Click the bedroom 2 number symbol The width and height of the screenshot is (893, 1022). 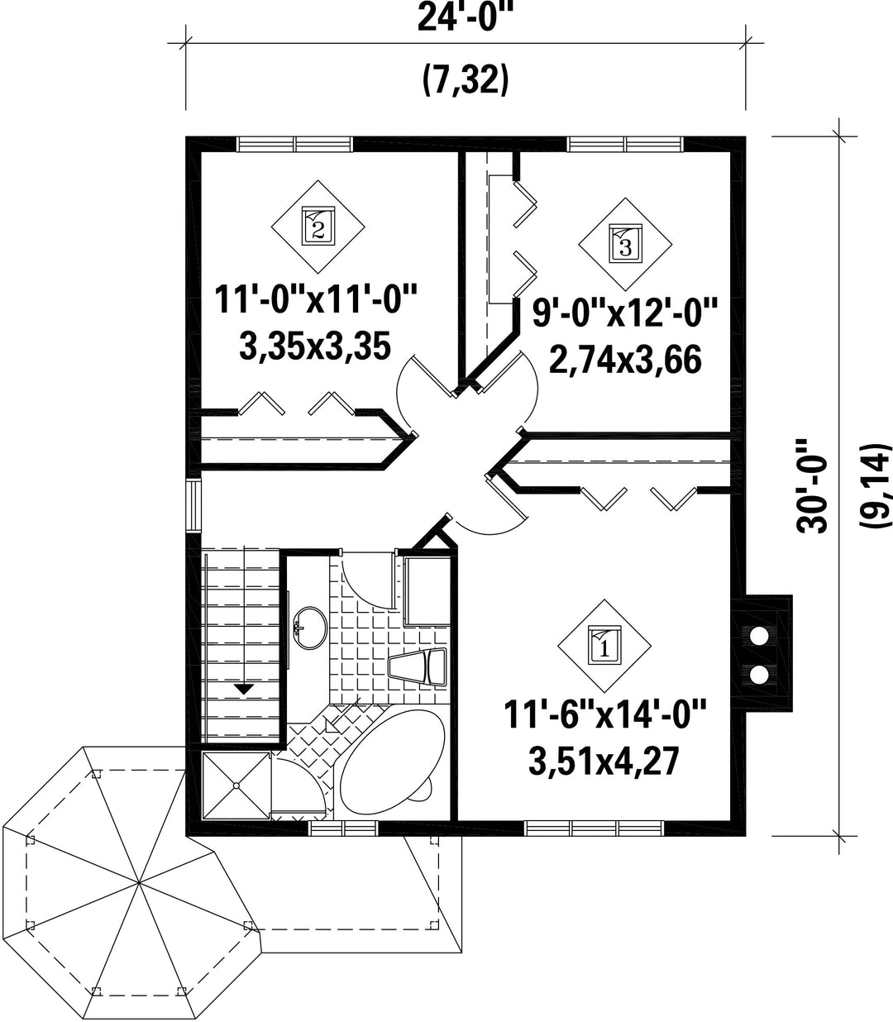click(318, 227)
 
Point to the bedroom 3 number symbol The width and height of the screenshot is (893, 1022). click(625, 244)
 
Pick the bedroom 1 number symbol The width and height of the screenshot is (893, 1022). click(604, 646)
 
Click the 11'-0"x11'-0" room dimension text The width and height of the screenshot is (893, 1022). click(316, 298)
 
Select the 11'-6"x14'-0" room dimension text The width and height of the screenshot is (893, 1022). click(605, 714)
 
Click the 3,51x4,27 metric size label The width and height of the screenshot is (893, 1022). click(604, 762)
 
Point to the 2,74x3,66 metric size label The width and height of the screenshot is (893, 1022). click(625, 360)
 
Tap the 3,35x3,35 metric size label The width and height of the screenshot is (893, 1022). click(315, 346)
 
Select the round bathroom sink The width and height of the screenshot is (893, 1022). click(310, 628)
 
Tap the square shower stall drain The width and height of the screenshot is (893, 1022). click(236, 786)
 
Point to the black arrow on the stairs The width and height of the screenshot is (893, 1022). click(243, 689)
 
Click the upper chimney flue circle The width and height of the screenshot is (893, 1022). click(759, 636)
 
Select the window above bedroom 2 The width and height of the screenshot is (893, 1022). click(294, 145)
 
